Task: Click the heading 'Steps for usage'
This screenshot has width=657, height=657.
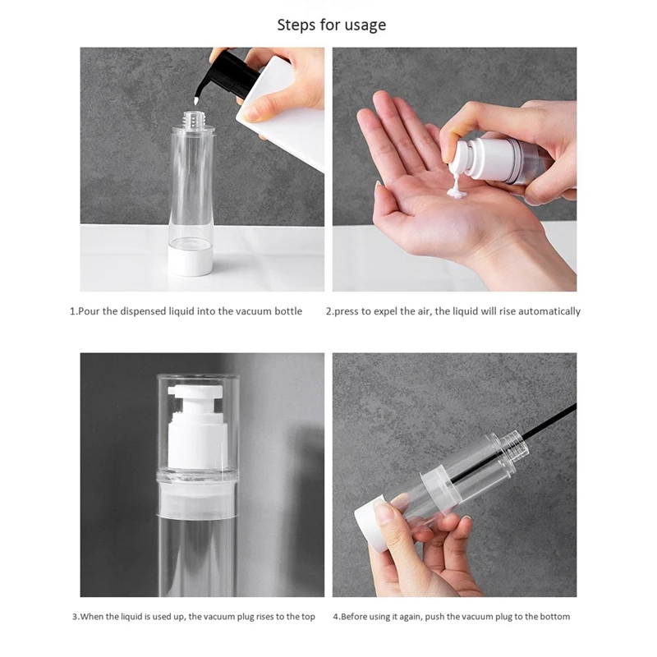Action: tap(331, 25)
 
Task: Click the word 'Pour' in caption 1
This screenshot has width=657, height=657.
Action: tap(90, 311)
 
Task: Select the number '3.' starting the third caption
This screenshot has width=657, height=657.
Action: tap(75, 617)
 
